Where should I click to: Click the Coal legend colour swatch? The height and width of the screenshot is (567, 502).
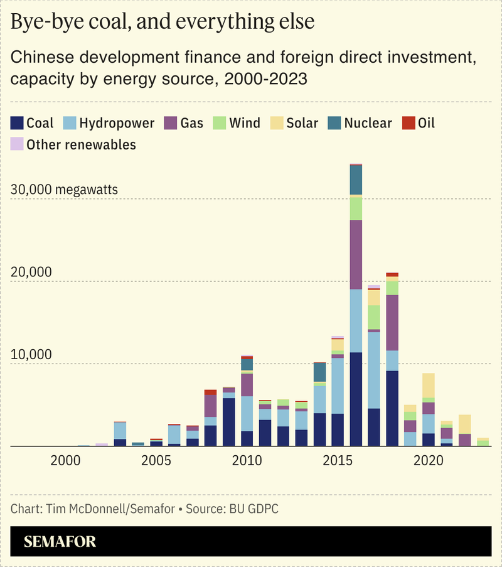tap(18, 123)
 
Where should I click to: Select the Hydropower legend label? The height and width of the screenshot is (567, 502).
tap(117, 123)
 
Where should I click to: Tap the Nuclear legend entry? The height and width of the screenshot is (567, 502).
tap(368, 123)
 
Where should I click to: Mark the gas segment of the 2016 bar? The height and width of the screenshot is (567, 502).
tap(356, 254)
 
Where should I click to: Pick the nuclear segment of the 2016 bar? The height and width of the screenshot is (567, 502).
tap(356, 180)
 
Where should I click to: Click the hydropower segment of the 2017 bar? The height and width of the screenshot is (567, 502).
tap(374, 370)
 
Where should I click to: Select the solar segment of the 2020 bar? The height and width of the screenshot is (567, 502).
tap(429, 386)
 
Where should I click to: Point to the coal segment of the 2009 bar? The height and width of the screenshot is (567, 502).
tap(229, 422)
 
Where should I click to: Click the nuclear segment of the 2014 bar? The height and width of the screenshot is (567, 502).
tap(319, 372)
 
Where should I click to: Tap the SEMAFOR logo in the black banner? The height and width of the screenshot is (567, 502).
tap(60, 541)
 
